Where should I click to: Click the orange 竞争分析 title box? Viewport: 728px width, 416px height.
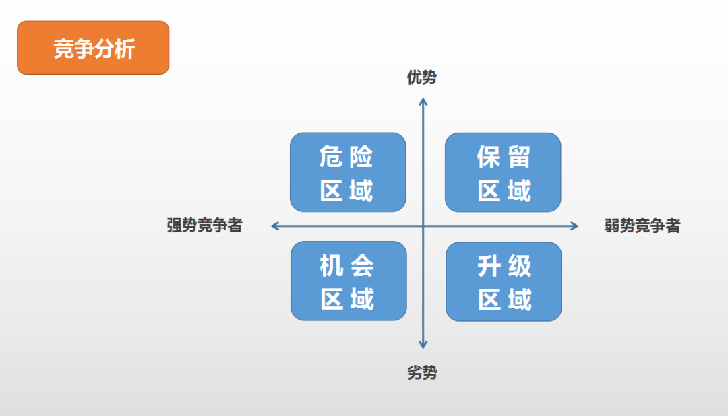93,47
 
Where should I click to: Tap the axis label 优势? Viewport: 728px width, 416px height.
421,77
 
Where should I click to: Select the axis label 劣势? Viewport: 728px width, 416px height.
422,372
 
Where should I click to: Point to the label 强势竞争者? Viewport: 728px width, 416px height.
204,225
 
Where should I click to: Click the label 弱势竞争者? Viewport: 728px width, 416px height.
642,226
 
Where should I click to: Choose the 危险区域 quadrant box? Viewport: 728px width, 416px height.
348,172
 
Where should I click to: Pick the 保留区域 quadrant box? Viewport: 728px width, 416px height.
503,172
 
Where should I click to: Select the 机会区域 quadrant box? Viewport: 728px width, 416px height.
348,281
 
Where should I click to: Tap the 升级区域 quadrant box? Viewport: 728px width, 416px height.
504,281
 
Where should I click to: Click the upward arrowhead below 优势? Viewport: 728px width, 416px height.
423,102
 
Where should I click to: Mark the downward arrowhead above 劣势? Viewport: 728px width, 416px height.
423,345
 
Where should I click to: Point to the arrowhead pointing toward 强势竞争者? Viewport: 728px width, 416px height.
275,226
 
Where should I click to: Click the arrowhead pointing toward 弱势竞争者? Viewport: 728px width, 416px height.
575,226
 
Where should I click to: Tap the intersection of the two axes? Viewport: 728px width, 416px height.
423,226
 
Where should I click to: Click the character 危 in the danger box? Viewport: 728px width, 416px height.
330,156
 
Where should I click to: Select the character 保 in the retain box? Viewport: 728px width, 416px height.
489,157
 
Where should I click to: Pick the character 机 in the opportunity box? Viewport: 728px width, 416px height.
332,266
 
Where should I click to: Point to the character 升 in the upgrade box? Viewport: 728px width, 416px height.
489,266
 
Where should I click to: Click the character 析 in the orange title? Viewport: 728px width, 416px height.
125,48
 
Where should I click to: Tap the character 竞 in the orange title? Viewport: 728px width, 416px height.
63,48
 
